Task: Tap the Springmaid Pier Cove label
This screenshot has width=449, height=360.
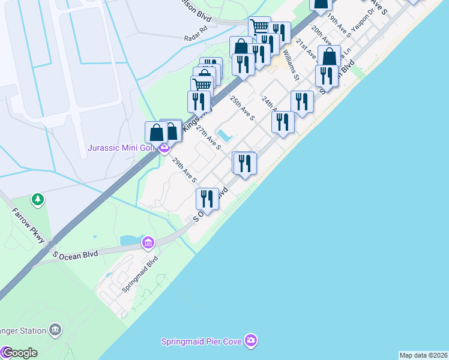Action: coord(201,341)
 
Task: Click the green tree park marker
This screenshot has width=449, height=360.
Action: coord(37,199)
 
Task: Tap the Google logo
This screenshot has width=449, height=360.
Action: coord(20,353)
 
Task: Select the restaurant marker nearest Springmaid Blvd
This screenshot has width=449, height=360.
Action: coord(207,199)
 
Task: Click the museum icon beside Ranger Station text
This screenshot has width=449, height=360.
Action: coord(55,330)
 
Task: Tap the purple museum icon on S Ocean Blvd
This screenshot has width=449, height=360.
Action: coord(147,242)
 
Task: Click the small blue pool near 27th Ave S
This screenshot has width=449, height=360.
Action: coord(223,133)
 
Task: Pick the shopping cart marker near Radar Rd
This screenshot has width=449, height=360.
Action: coord(259,27)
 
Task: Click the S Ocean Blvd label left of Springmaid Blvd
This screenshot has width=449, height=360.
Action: coord(75,254)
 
